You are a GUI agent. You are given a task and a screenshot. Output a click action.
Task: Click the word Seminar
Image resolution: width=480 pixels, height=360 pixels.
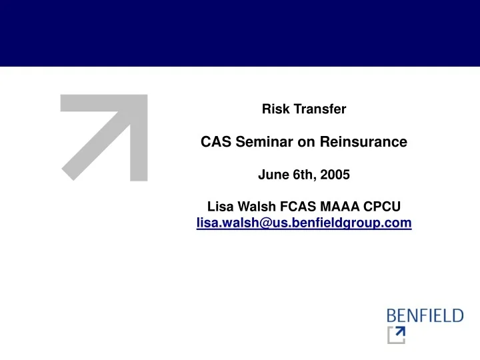[263, 142]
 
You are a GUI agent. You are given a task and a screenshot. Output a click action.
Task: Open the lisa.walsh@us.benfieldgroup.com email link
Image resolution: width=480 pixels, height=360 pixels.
[304, 224]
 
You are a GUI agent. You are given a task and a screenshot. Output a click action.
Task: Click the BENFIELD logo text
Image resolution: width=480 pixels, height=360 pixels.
[425, 315]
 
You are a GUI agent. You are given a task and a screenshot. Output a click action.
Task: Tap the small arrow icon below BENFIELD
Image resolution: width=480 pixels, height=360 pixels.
[396, 335]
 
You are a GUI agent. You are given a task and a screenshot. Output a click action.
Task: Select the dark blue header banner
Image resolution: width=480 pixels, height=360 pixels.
[240, 33]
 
